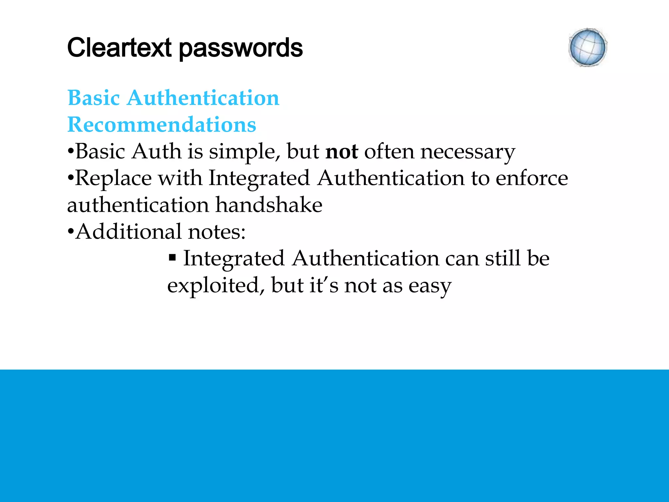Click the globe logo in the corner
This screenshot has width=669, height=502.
(588, 48)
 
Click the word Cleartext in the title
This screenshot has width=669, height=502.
(119, 48)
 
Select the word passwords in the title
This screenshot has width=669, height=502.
(241, 48)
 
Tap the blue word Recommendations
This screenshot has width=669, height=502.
(162, 125)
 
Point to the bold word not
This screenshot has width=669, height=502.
(342, 152)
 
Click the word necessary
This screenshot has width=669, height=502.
(468, 152)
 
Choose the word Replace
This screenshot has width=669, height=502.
(113, 178)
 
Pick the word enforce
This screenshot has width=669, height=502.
(532, 178)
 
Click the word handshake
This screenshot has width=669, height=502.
(269, 205)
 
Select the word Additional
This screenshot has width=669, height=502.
(128, 232)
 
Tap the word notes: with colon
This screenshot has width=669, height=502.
(217, 232)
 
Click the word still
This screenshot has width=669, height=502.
(503, 259)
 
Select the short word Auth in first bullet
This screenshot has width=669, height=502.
(156, 152)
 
